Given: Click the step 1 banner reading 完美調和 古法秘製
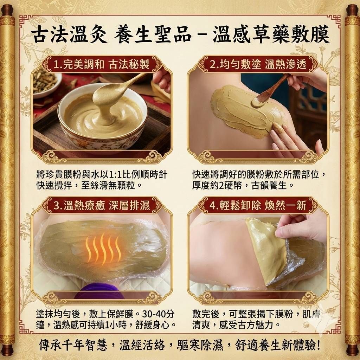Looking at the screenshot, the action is [102, 64].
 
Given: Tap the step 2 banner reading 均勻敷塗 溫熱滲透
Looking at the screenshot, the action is [258, 64].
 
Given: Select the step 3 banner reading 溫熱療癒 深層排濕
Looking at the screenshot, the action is [102, 205].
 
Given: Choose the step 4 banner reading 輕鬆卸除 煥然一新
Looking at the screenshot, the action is [258, 205].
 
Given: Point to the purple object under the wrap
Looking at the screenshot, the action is [99, 291].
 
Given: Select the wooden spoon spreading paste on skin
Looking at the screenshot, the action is [270, 91].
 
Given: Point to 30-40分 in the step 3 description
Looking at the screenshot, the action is [158, 314].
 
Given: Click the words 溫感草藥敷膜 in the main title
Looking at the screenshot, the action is [271, 35].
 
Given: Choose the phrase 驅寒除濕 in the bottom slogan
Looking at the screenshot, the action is [200, 345].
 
